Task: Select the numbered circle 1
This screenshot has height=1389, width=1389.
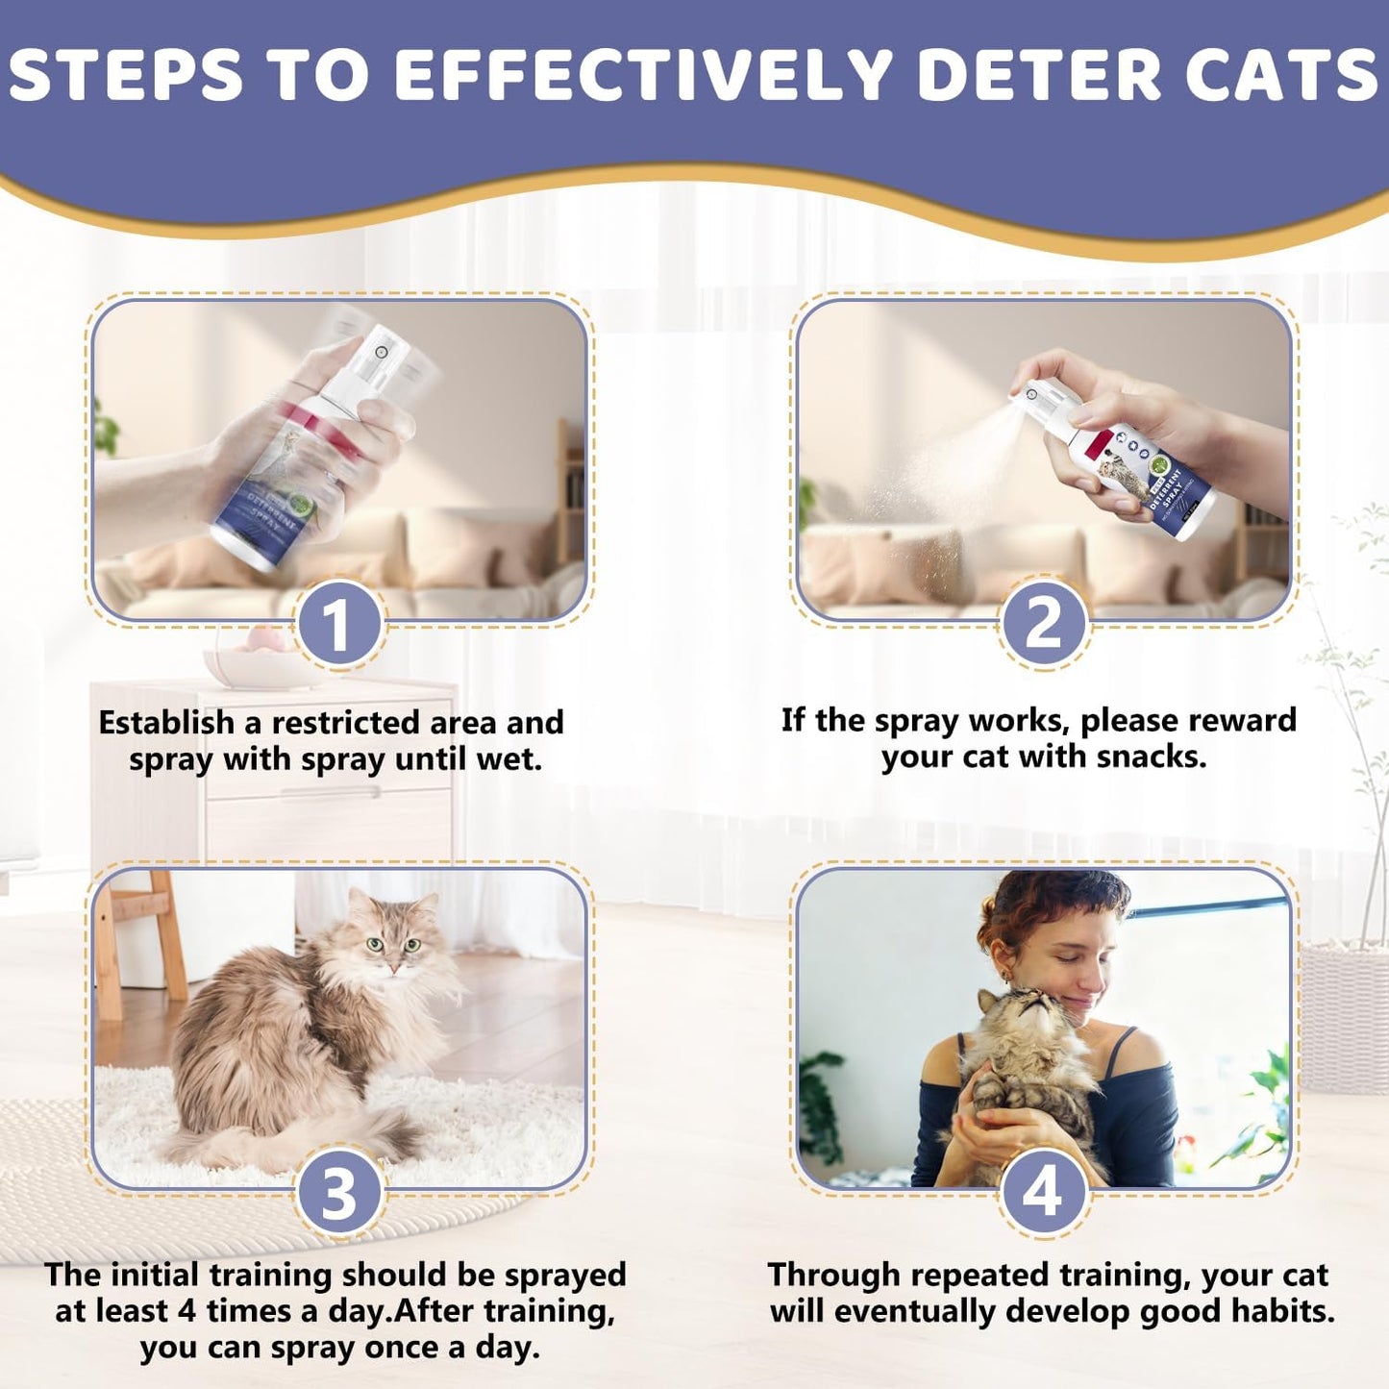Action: point(338,625)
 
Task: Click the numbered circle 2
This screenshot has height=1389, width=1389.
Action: point(1043,623)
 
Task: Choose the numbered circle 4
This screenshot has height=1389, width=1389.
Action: point(1043,1192)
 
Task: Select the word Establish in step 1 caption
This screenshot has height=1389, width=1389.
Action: point(166,723)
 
